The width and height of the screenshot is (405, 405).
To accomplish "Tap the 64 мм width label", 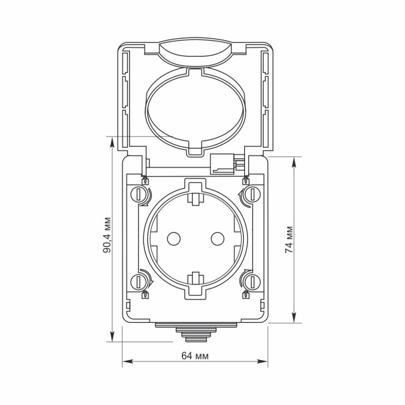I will [x=195, y=356].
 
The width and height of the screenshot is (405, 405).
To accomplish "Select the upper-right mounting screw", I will [x=251, y=193].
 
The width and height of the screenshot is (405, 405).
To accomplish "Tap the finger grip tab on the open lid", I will [x=195, y=52].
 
